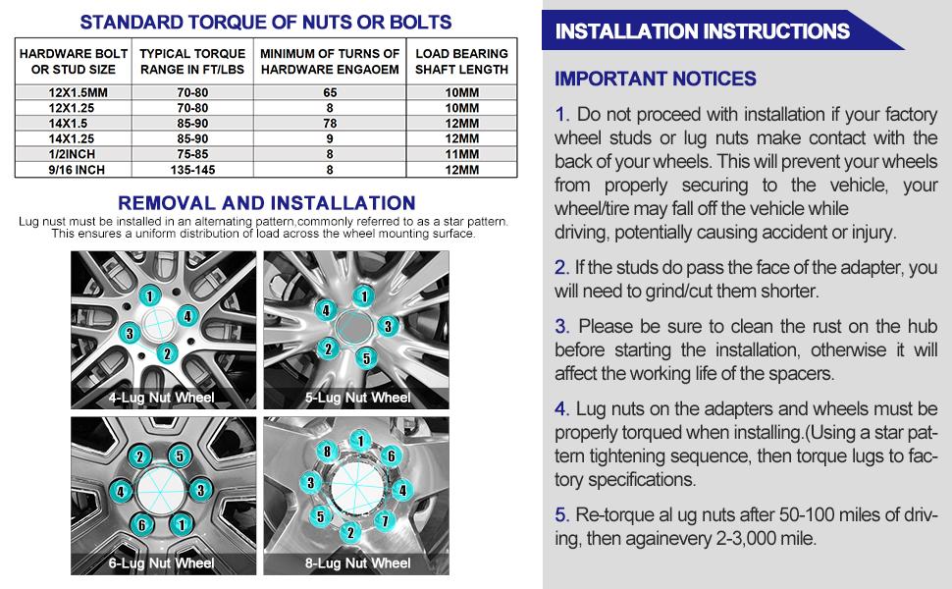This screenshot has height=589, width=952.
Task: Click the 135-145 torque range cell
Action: point(193,169)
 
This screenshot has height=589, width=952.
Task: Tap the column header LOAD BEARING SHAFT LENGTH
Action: point(461,61)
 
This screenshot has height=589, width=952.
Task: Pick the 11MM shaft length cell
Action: point(461,153)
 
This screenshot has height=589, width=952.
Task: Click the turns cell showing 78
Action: point(330,123)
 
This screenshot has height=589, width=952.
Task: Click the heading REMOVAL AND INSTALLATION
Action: point(266,203)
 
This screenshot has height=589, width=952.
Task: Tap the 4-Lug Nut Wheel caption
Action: point(161,398)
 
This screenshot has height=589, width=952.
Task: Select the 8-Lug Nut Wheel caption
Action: point(356,562)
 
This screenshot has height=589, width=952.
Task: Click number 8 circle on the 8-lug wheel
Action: point(329,451)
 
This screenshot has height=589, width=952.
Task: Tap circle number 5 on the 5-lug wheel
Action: point(365,359)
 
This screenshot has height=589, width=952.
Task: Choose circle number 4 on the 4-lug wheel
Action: point(186,316)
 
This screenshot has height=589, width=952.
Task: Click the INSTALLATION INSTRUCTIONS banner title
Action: point(702,31)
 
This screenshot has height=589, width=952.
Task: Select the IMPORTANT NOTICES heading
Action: point(655,79)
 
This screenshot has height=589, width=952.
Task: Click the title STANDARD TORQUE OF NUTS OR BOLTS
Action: point(266,22)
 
